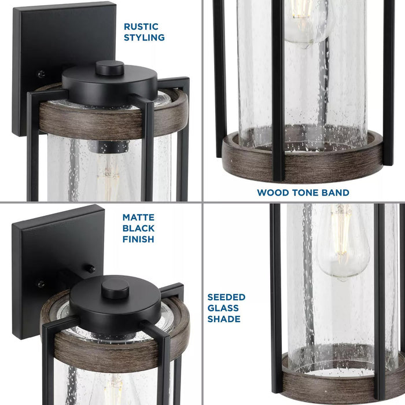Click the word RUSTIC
coord(141,27)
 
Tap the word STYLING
coord(144,38)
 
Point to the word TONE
coord(304,192)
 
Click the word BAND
coord(335,192)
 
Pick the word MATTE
coord(138,218)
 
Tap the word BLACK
coord(138,229)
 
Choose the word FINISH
coord(138,239)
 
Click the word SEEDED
coord(226,297)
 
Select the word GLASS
coord(224,308)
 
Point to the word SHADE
coord(224,319)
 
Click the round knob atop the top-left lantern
coord(109,68)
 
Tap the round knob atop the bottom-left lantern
coord(115,288)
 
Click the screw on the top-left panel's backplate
coord(41,74)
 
